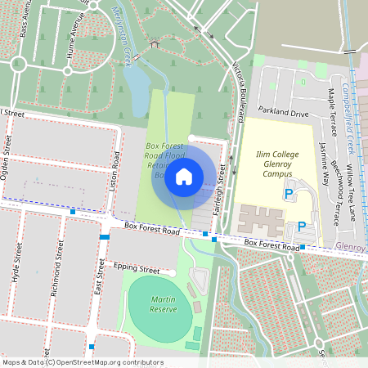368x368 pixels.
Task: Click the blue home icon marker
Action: click(x=184, y=176)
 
